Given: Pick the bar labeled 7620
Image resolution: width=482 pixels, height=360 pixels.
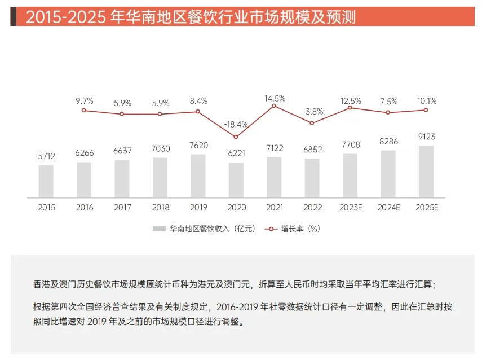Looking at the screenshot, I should [198, 175].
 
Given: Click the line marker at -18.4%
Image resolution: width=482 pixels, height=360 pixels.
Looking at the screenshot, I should [236, 137].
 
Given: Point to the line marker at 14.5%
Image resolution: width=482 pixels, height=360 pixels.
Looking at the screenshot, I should [274, 106].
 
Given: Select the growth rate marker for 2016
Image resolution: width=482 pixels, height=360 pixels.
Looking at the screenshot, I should [84, 111].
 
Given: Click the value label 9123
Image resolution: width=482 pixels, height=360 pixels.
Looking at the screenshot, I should [426, 137].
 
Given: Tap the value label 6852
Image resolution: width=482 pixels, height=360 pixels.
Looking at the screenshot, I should [312, 150].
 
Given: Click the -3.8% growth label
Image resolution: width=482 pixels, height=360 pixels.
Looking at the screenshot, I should [312, 112].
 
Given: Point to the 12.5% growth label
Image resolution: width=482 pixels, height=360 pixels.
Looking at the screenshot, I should [350, 101].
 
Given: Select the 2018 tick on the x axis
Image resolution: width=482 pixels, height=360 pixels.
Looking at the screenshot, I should [160, 208].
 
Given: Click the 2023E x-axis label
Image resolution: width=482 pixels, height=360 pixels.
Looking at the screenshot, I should [350, 208].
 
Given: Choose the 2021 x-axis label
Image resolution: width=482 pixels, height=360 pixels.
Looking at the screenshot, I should [274, 208].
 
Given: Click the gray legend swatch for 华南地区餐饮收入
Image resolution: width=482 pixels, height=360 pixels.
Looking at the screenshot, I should [159, 229].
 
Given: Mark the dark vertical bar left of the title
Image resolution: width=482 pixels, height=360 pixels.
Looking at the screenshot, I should [13, 17].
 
